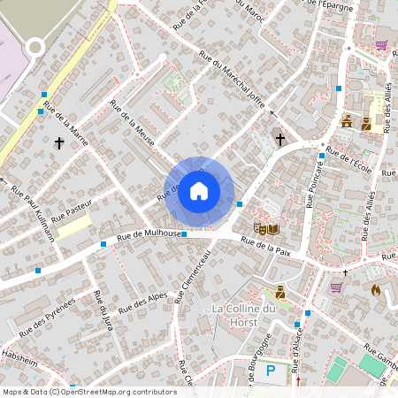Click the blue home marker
[199, 191]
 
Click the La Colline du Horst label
[245, 315]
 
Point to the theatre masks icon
[261, 229]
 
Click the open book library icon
[273, 229]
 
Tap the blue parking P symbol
[271, 372]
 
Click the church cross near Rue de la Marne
[60, 142]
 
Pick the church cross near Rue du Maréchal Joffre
[280, 139]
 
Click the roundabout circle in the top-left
[35, 47]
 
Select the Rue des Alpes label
[142, 302]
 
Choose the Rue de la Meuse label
[133, 120]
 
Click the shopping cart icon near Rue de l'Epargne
[381, 44]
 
